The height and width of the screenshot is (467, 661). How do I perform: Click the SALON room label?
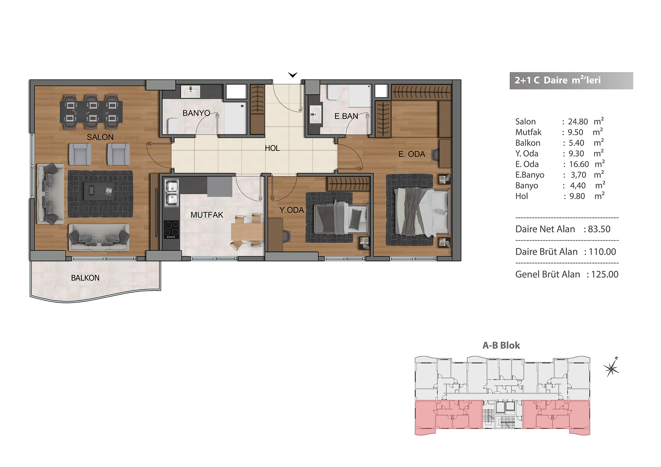point(100,137)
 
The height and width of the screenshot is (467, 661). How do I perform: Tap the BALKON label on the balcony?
point(85,278)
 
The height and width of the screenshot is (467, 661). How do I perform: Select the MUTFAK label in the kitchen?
point(207,215)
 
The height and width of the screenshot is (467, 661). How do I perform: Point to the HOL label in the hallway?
point(272,148)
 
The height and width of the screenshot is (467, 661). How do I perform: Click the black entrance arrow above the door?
point(293,75)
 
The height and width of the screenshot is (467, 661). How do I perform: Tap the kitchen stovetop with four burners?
point(171,229)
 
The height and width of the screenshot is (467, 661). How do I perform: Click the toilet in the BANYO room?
point(174,126)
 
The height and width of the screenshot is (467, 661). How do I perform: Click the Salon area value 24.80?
point(578,122)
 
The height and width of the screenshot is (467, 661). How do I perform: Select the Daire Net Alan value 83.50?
point(599,229)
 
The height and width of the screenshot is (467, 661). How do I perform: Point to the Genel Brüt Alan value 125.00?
point(604,274)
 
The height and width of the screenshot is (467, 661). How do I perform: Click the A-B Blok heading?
point(501,345)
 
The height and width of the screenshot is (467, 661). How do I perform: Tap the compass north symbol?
point(611,367)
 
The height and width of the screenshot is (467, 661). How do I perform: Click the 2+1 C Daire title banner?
point(571,81)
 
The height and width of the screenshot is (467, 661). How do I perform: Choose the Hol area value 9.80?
point(577,196)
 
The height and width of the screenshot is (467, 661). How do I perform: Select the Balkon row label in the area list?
point(528,143)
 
